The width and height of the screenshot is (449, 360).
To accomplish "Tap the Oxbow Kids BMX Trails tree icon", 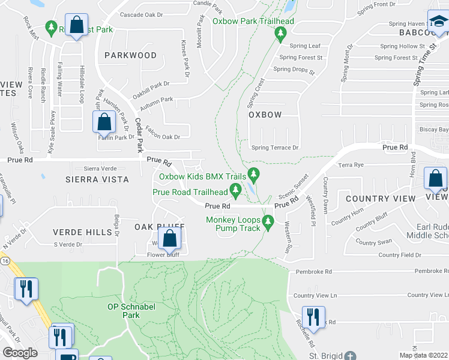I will tap(254, 175).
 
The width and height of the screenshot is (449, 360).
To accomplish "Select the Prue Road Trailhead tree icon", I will tap(236, 191).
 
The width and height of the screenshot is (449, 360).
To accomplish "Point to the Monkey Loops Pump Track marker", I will tap(268, 223).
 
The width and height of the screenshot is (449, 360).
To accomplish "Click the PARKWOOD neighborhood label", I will tap(130, 55).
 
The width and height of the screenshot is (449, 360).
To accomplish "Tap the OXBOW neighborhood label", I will tap(265, 115).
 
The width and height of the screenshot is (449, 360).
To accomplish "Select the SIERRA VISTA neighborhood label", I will tap(98, 179).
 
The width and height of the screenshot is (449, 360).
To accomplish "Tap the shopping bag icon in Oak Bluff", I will tap(170, 239).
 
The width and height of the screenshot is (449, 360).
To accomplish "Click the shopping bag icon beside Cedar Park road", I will tap(104, 122).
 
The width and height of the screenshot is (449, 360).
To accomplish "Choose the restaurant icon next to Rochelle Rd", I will tap(312, 316).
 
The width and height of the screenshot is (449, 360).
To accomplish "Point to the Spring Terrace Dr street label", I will tap(275, 148).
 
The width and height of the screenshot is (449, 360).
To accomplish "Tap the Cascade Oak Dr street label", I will tap(142, 14).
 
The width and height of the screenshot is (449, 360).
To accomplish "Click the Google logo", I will tap(20, 353).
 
